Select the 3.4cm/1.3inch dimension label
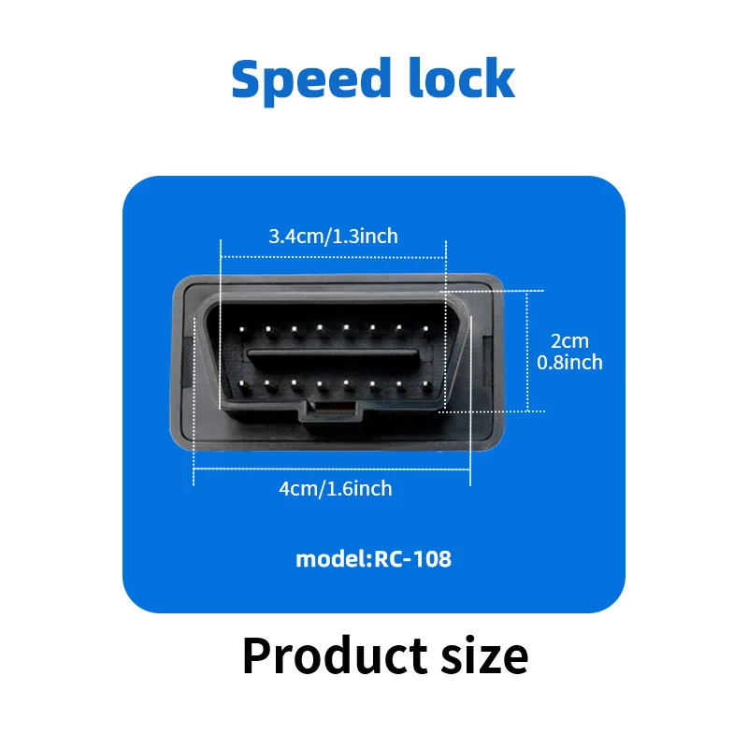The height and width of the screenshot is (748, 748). [x=333, y=236]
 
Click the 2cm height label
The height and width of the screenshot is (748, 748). [x=569, y=342]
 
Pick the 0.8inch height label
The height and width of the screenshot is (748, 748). [x=569, y=363]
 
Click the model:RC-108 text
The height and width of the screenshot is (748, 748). [x=373, y=559]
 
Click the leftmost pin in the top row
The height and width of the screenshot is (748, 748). [x=241, y=328]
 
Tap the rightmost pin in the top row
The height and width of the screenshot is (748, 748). [x=426, y=328]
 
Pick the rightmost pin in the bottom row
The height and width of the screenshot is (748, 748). [x=426, y=383]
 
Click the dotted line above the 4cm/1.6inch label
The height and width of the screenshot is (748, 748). [x=332, y=472]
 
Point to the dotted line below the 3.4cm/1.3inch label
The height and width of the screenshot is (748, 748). [x=333, y=255]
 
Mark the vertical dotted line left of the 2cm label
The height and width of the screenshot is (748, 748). [x=528, y=351]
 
